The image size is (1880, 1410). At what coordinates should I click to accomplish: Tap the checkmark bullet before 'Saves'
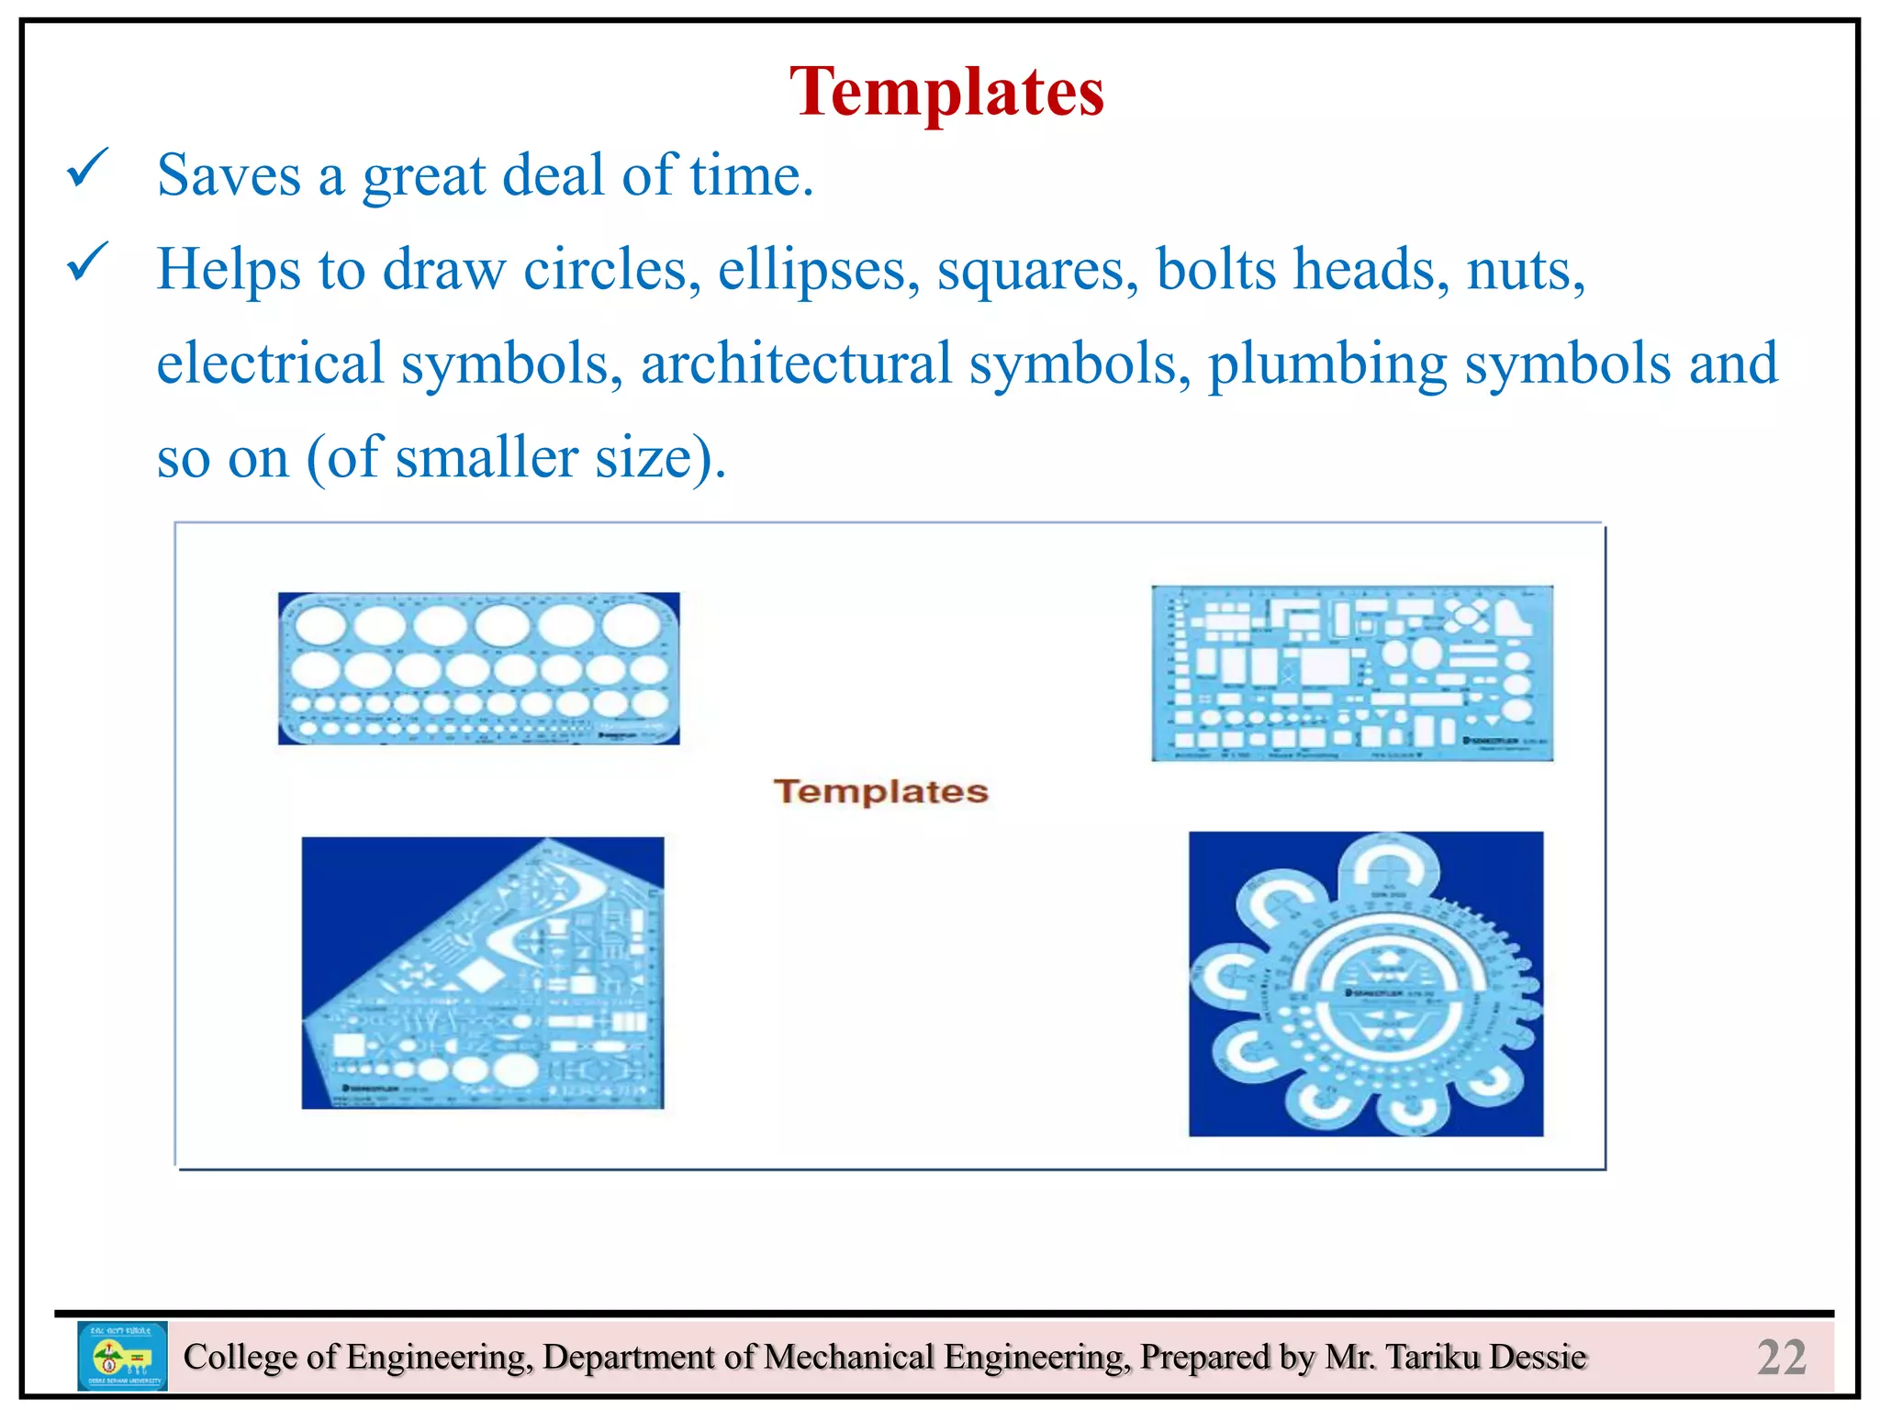click(88, 169)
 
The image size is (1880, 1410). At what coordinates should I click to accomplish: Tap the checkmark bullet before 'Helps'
click(88, 263)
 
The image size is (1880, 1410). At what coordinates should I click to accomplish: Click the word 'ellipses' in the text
click(818, 270)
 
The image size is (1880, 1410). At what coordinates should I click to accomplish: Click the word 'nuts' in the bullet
click(1524, 270)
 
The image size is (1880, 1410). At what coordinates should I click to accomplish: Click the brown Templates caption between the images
click(880, 791)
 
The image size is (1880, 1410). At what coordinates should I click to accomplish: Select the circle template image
click(478, 668)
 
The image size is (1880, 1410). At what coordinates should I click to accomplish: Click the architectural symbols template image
click(1352, 673)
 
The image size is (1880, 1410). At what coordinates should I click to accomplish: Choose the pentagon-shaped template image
click(483, 973)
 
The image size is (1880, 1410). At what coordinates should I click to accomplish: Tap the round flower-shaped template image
click(1366, 984)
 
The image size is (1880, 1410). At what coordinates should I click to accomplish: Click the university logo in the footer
click(122, 1356)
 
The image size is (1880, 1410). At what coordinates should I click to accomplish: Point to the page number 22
click(1781, 1357)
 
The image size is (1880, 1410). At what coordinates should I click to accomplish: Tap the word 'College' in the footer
click(241, 1357)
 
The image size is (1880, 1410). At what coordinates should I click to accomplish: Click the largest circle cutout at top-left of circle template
click(320, 625)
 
